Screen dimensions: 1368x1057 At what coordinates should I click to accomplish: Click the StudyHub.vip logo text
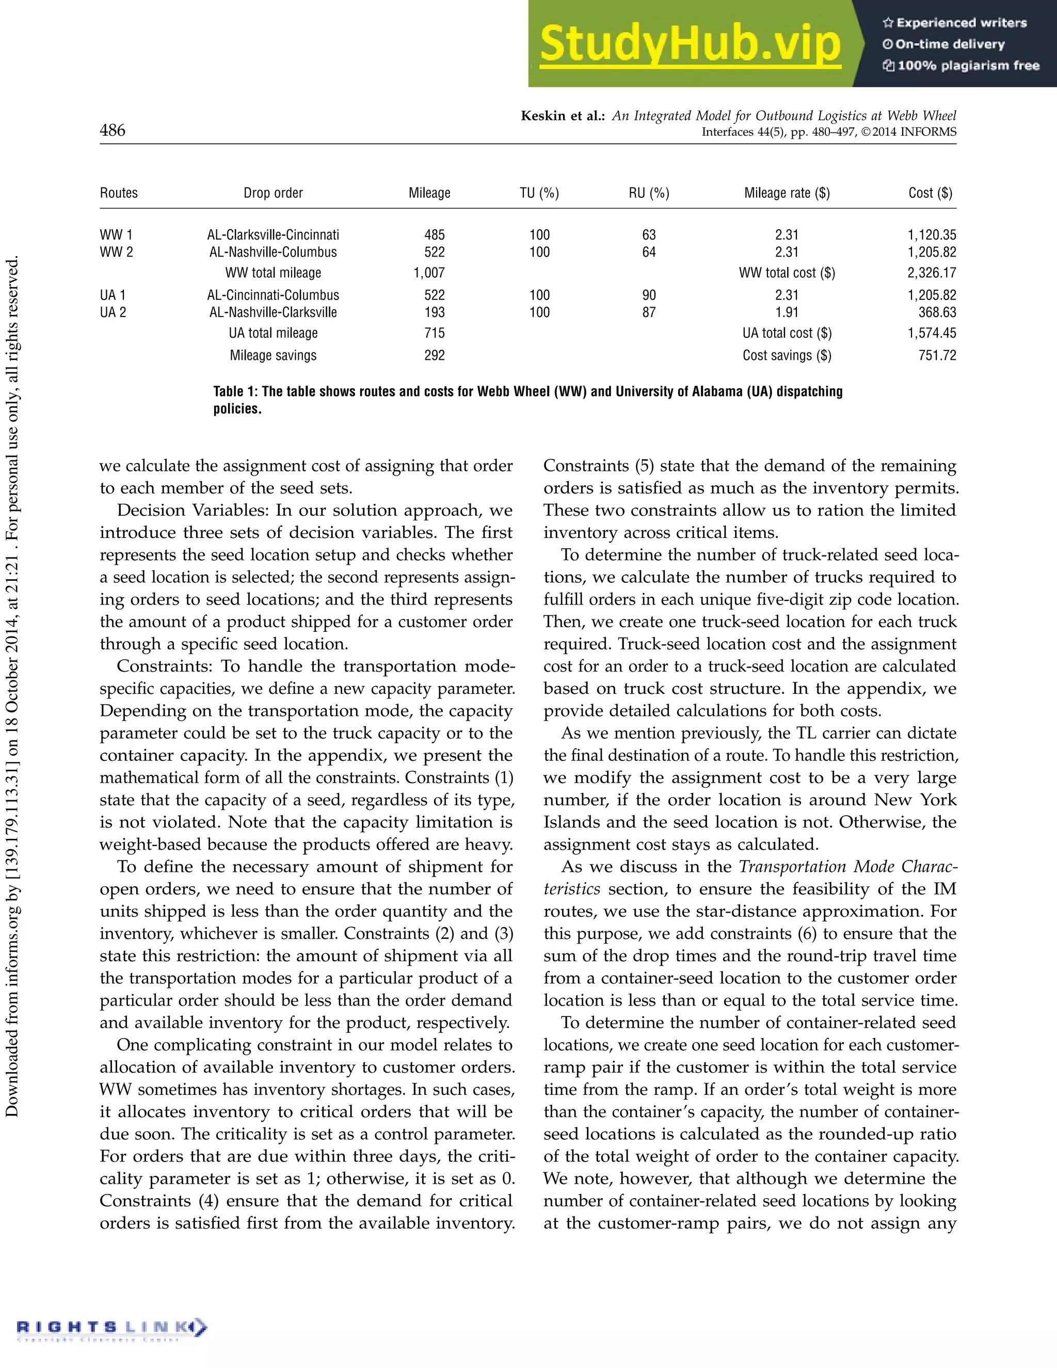click(690, 44)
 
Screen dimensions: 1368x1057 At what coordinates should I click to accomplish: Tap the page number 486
click(113, 130)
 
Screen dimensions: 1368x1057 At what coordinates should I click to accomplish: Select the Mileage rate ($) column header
click(787, 193)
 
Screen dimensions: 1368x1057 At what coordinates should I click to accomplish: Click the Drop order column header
click(273, 193)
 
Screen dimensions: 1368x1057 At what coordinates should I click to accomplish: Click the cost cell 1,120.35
click(932, 235)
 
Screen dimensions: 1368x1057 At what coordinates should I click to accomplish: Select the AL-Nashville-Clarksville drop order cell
click(273, 312)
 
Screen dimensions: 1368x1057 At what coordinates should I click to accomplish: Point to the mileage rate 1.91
click(787, 312)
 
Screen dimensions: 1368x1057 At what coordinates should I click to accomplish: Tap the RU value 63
click(649, 235)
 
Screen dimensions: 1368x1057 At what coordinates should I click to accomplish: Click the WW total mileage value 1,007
click(429, 273)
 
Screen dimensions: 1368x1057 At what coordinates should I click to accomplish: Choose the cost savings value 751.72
click(937, 355)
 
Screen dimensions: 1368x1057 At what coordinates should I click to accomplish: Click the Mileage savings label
click(273, 355)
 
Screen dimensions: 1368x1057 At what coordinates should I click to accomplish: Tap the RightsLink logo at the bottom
click(111, 1327)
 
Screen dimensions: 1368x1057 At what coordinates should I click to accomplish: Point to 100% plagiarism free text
click(968, 66)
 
